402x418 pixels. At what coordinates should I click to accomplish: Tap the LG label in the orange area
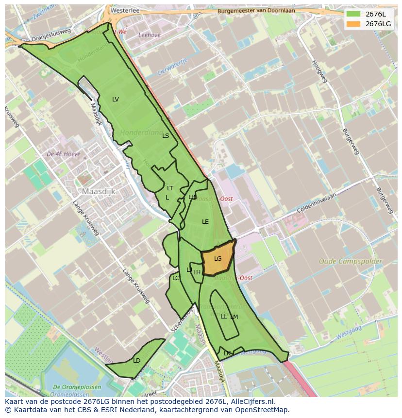coord(218,259)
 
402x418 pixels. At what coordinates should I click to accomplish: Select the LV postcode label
coord(115,100)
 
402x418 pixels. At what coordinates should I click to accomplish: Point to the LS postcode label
coord(166,136)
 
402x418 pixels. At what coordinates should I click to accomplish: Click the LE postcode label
coord(205,222)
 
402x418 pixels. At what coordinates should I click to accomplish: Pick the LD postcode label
coord(136,361)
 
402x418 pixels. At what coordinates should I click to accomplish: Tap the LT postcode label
coord(170,188)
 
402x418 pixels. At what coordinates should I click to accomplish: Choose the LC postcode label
coord(176,278)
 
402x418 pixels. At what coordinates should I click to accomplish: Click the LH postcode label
coord(197,272)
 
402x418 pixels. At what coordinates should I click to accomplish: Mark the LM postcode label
coord(234,317)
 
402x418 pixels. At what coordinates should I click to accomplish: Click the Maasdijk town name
coord(99,192)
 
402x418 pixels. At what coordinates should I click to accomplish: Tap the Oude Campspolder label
coord(350,262)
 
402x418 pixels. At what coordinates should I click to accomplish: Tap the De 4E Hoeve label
coord(64,154)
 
